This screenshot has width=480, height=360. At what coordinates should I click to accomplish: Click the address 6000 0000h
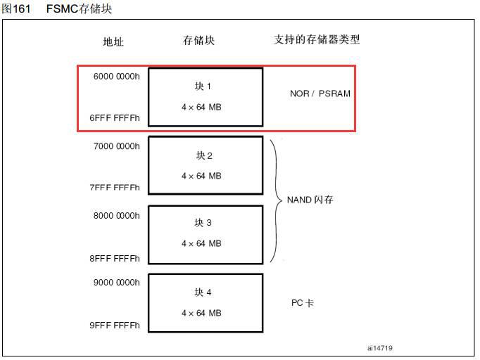117,77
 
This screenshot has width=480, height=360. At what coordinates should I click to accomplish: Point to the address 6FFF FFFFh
115,118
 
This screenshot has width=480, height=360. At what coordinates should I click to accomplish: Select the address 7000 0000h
117,146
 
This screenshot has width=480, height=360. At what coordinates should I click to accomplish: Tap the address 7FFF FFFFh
115,187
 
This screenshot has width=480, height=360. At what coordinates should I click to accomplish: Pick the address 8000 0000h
117,216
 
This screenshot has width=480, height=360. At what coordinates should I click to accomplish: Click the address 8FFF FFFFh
115,259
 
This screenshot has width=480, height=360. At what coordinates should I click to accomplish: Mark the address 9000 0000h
117,283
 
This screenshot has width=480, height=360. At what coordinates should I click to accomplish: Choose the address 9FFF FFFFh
115,325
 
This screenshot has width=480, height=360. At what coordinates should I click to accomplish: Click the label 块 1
203,86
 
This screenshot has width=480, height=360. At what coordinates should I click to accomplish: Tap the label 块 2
204,155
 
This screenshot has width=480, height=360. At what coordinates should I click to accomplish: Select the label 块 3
203,223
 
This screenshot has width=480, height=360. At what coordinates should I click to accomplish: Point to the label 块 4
203,292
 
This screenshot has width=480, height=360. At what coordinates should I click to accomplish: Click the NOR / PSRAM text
320,94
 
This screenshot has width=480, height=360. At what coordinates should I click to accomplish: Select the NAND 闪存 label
310,200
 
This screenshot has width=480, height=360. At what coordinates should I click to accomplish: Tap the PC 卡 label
303,303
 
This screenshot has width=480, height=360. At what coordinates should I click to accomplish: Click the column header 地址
113,41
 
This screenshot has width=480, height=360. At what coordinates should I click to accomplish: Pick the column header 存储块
198,40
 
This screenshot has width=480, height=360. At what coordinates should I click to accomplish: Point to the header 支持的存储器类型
317,39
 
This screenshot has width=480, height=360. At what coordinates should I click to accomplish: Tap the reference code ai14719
380,348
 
